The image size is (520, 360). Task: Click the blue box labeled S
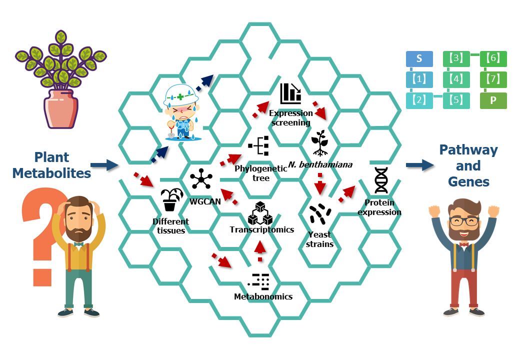point(419,58)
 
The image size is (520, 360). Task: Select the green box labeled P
point(493,100)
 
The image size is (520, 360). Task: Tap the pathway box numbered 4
point(456,79)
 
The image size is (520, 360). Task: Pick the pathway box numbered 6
point(493,58)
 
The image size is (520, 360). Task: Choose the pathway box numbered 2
point(419,100)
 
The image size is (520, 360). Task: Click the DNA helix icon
point(381,180)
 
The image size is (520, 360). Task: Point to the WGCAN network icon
point(201,179)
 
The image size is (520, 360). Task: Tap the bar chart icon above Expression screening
point(290,93)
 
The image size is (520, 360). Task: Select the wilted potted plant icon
point(171,199)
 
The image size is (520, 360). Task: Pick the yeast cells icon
point(319,214)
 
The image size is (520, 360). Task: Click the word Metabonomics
point(263,296)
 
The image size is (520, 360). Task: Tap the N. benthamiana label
point(320,164)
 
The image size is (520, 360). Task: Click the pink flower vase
point(60,108)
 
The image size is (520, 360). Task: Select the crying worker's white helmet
point(180,94)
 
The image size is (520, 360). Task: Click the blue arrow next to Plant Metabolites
point(104,165)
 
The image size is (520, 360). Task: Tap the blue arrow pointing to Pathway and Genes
point(420,165)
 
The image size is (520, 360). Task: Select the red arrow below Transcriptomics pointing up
point(260,251)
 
